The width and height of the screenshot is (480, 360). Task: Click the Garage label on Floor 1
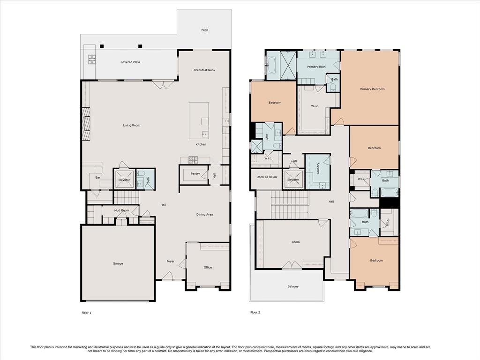click(118, 263)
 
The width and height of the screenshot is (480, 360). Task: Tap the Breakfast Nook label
click(204, 70)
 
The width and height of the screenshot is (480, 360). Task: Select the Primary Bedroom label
click(372, 89)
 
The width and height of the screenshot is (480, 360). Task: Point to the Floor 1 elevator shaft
click(124, 180)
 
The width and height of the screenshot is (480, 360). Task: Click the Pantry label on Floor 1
click(195, 173)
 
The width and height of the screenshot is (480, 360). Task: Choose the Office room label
click(208, 267)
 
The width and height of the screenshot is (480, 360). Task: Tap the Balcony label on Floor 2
click(293, 286)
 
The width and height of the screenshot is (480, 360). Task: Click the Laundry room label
click(318, 169)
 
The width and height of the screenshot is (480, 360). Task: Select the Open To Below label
click(267, 177)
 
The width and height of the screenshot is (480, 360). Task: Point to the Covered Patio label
click(130, 62)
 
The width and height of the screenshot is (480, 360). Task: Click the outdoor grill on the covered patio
click(92, 60)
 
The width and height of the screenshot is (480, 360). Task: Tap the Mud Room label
click(121, 210)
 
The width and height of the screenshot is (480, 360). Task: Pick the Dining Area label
click(204, 215)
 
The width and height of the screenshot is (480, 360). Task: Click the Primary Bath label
click(316, 67)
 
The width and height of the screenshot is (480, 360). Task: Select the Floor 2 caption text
click(255, 313)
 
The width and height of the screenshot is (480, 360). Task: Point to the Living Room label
click(132, 125)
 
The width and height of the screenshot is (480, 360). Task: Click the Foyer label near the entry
click(171, 262)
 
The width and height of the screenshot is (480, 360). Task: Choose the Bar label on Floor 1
click(97, 178)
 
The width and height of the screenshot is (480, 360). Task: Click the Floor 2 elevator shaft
click(293, 180)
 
